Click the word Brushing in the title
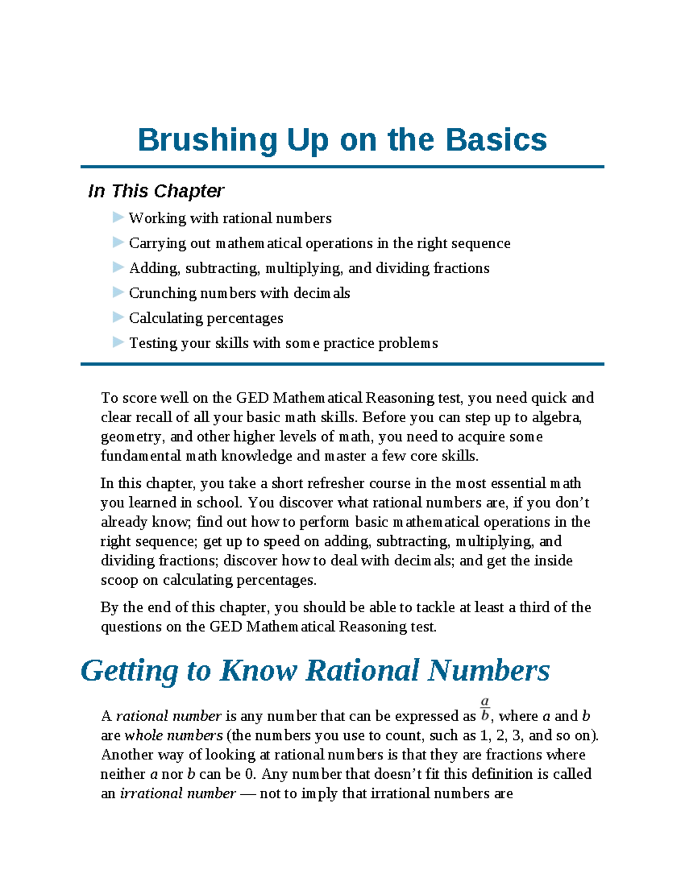(x=207, y=140)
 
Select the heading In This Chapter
(x=156, y=191)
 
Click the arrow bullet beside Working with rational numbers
(x=118, y=217)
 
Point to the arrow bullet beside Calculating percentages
(x=118, y=317)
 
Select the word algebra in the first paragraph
(x=556, y=418)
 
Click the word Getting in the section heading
(x=130, y=671)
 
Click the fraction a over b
(x=485, y=709)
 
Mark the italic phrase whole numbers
(x=174, y=735)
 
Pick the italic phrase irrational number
(x=178, y=794)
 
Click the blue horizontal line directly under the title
(x=342, y=167)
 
